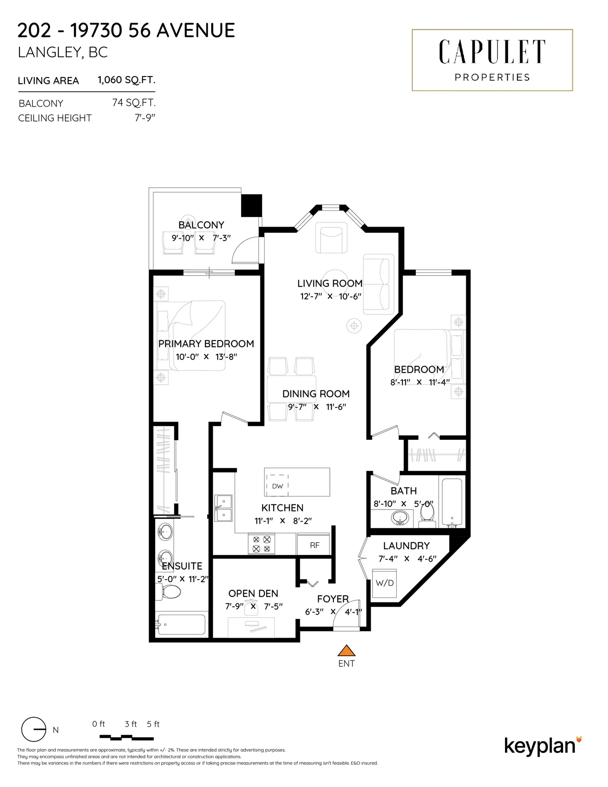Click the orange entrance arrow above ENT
tap(346, 651)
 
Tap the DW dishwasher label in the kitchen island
tap(277, 486)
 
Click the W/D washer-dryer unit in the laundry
tap(384, 583)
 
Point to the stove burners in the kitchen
tap(261, 544)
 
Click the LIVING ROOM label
tap(329, 283)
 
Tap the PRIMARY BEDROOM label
tap(206, 344)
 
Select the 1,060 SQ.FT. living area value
tap(126, 80)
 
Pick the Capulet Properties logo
tap(492, 60)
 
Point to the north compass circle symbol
tap(34, 729)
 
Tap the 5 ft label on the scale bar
tap(153, 724)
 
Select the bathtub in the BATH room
tap(452, 502)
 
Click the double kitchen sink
tap(224, 508)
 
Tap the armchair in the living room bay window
tap(331, 238)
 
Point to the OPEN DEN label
tap(253, 593)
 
